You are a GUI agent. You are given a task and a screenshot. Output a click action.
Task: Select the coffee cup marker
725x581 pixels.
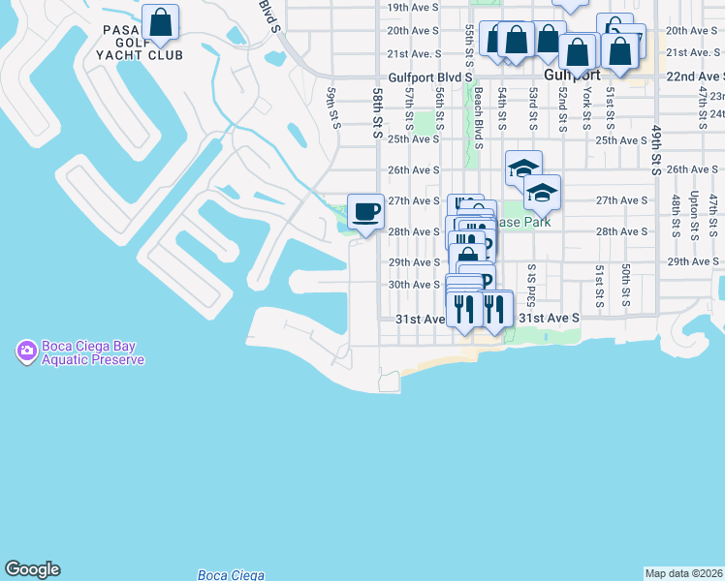point(364,211)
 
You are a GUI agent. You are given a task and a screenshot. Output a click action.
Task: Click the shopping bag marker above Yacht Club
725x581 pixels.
point(160,22)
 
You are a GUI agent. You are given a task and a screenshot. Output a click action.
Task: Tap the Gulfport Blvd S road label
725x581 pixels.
point(430,76)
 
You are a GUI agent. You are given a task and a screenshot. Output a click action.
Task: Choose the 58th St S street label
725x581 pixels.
point(377,111)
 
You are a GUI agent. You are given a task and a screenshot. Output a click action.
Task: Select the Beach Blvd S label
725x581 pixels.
point(479,119)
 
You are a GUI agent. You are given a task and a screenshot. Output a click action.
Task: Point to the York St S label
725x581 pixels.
point(587,107)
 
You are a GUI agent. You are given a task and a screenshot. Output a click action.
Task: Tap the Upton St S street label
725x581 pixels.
point(694,215)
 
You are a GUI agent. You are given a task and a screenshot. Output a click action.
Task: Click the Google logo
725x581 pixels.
point(32,569)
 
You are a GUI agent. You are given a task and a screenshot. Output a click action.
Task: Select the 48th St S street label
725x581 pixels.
point(676,215)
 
